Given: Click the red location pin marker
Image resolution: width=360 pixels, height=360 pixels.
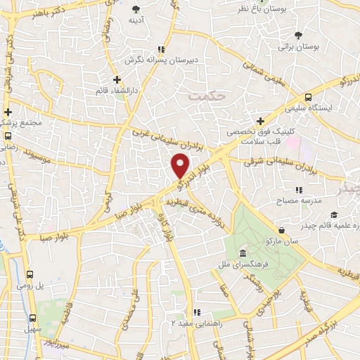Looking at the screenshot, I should [x=181, y=166].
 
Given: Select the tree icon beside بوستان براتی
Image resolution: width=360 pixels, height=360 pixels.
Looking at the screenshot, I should [x=299, y=34].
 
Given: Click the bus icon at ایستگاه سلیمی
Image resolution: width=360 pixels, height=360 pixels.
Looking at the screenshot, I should [x=309, y=98].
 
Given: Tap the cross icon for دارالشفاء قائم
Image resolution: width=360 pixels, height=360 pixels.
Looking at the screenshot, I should [x=117, y=79].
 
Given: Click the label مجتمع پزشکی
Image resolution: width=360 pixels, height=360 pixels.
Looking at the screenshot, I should [x=25, y=123].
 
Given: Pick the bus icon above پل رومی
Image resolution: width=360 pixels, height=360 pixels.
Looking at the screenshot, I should [x=30, y=276].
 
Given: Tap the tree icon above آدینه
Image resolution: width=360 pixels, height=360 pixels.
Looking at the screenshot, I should [x=136, y=9].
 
